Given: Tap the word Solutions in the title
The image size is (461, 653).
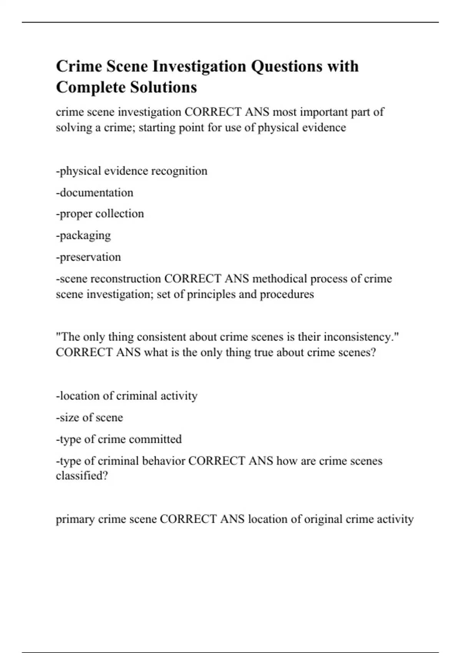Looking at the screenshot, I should [163, 87].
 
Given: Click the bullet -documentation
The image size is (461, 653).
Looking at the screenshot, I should [95, 192].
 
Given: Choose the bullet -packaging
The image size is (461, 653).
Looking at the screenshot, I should [83, 235].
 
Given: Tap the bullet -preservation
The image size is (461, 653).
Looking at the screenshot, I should [88, 257].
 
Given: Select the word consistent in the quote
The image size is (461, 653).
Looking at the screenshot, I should [162, 337].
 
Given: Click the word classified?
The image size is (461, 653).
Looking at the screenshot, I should [82, 476].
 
